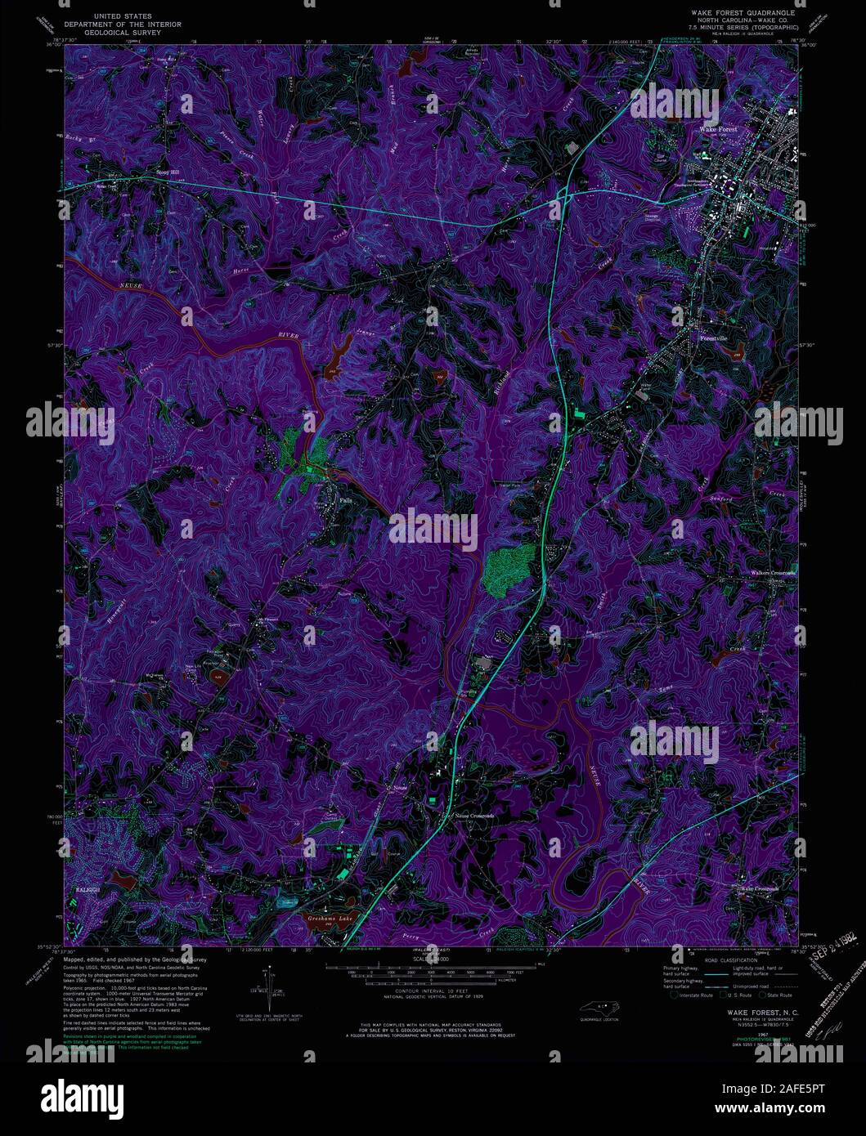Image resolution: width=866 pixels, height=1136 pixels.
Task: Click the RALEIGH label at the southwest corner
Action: pyautogui.click(x=80, y=885)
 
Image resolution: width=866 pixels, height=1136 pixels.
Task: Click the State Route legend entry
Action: pyautogui.click(x=777, y=995)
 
